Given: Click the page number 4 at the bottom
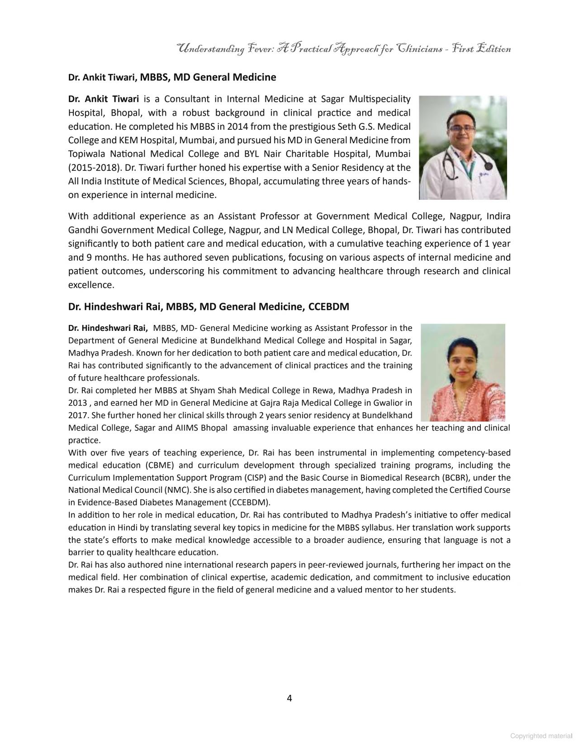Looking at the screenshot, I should point(289,698).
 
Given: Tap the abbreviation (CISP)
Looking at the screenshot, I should point(256,478).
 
